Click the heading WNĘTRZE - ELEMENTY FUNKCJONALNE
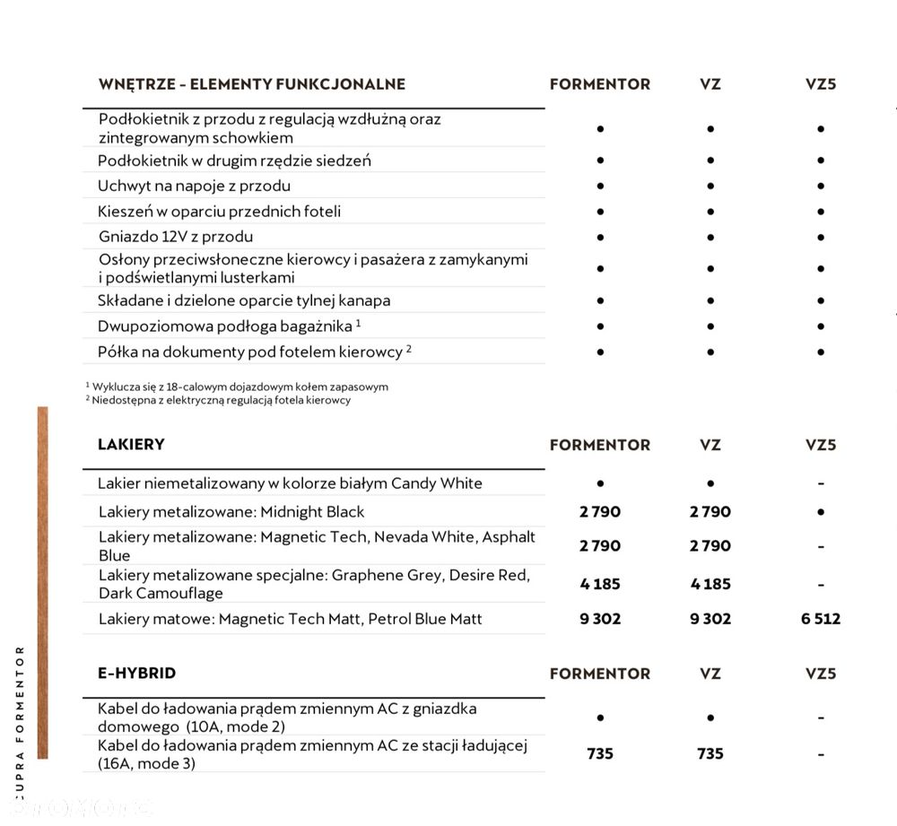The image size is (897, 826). [251, 84]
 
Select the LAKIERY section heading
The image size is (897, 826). [131, 445]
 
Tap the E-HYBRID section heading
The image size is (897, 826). [136, 673]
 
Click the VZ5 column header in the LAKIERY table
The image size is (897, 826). [820, 445]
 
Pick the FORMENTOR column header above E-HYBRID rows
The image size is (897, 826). [599, 674]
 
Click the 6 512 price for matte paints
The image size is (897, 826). [820, 619]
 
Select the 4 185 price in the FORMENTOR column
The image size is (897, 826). [599, 584]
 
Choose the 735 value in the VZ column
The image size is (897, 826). [710, 753]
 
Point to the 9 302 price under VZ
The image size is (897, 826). [710, 619]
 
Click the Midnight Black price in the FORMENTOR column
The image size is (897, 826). [599, 512]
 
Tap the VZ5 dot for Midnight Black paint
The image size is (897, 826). [820, 512]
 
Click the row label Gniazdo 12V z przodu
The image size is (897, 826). [176, 237]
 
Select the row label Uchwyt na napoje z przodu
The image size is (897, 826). [194, 186]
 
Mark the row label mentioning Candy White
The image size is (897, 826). [290, 483]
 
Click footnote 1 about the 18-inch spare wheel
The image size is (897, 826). [236, 387]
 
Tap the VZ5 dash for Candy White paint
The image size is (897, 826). [820, 483]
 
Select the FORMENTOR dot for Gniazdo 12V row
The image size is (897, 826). [599, 238]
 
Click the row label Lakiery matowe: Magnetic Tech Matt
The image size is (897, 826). [290, 619]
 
